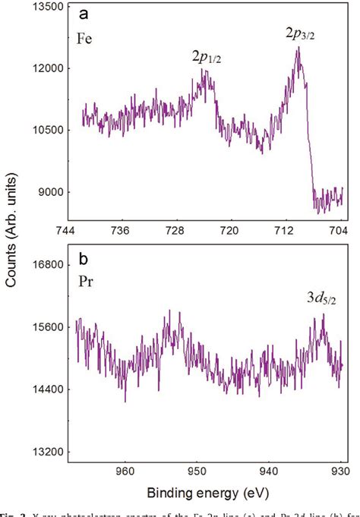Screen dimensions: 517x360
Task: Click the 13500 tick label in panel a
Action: click(46, 6)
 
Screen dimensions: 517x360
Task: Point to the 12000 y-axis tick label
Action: click(46, 68)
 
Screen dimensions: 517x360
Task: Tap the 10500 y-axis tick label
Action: click(46, 130)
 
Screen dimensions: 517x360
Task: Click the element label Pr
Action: click(85, 280)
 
